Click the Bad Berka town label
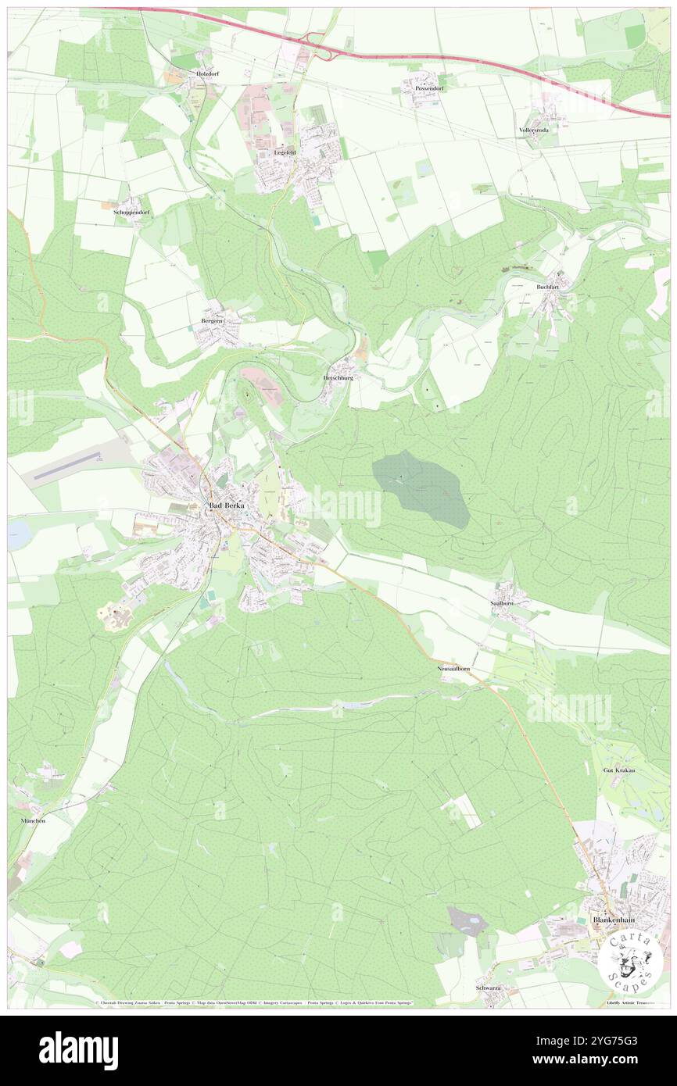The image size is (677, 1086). point(226,506)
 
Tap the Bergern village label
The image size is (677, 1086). point(212,322)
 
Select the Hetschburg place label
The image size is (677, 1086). point(338,377)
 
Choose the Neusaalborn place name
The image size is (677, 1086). point(453,670)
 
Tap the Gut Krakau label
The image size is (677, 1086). point(618,771)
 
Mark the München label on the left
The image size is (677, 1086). point(33,821)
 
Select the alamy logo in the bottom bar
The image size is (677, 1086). point(78,1050)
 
